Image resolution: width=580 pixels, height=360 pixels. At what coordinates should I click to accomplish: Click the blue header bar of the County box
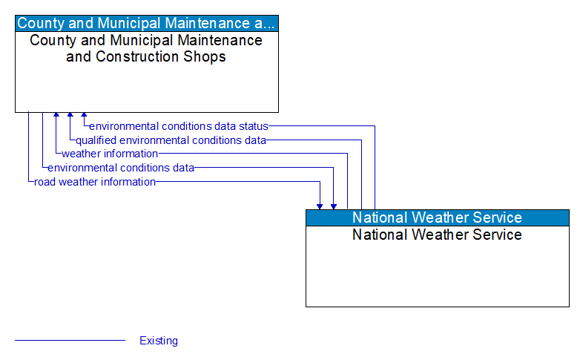[x=146, y=23]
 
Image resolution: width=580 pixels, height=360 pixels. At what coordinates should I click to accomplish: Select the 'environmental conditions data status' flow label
[x=178, y=126]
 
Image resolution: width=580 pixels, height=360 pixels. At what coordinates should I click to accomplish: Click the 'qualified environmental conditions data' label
[x=171, y=140]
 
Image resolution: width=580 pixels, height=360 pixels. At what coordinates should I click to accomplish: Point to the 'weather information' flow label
[x=110, y=154]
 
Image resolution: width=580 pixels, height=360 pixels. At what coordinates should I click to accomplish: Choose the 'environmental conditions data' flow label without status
[x=121, y=168]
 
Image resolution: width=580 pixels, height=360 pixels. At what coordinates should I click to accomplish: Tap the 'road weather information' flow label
[x=95, y=181]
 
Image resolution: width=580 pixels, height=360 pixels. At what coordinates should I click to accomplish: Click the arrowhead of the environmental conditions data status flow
[x=84, y=117]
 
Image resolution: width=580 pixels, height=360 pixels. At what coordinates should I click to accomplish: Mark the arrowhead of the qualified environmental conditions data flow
[x=70, y=117]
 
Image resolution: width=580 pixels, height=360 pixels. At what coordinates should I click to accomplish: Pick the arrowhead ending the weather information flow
[x=56, y=117]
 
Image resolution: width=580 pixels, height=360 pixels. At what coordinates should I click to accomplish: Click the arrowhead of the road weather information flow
[x=320, y=205]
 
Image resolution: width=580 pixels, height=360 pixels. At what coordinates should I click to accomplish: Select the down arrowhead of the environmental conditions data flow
[x=334, y=205]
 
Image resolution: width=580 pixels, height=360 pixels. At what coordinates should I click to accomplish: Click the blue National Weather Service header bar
[x=437, y=217]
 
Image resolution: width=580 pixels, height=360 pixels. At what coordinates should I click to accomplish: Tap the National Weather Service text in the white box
[x=437, y=235]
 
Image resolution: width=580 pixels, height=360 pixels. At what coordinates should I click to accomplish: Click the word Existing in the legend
[x=159, y=341]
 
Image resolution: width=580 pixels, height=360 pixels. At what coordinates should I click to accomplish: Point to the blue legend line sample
[x=70, y=341]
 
